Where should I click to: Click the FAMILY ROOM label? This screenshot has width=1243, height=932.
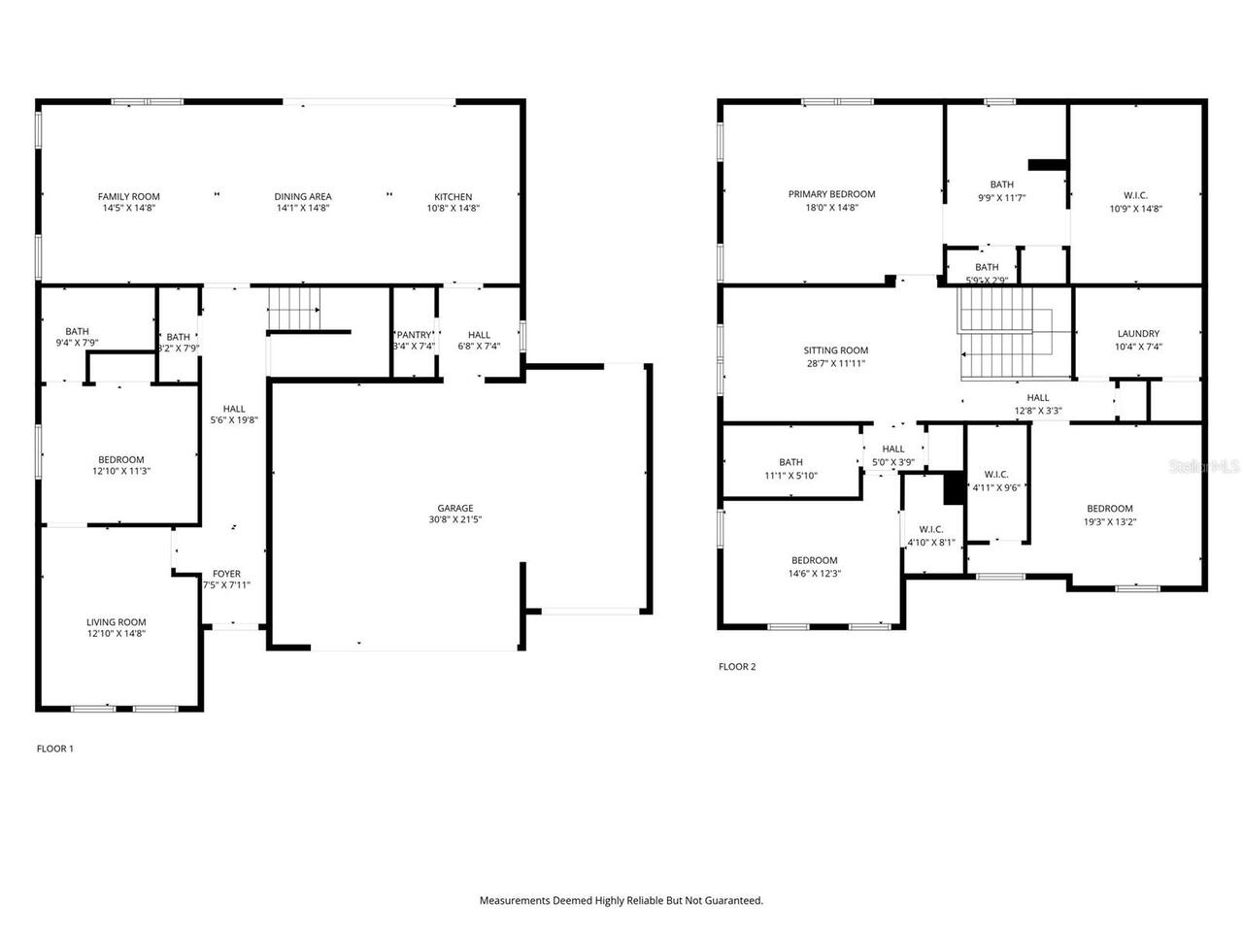tap(128, 197)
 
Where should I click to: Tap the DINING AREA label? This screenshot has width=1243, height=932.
tap(303, 197)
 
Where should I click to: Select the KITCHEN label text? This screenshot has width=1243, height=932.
tap(453, 197)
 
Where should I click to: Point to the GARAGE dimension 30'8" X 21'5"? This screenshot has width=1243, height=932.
tap(454, 519)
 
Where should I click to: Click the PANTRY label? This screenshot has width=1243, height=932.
tap(414, 335)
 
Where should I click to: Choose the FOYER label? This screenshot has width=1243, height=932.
tap(226, 574)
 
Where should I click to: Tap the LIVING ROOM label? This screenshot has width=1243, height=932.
tap(116, 622)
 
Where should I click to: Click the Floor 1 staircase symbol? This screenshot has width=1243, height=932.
tap(294, 308)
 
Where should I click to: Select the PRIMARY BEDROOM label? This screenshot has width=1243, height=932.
tap(831, 194)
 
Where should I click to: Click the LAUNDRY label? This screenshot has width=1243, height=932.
tap(1138, 334)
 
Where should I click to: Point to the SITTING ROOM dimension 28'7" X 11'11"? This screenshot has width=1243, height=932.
tap(835, 363)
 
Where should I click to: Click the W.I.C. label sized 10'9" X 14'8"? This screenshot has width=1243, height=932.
tap(1135, 195)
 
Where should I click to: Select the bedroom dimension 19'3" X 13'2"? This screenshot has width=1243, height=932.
tap(1109, 521)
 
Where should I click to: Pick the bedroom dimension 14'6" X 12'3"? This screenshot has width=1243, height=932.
tap(814, 573)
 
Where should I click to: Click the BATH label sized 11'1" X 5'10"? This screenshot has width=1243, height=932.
tap(790, 462)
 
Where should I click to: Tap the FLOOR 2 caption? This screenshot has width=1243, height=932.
tap(736, 667)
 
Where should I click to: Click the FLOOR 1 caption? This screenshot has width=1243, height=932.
tap(54, 749)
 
